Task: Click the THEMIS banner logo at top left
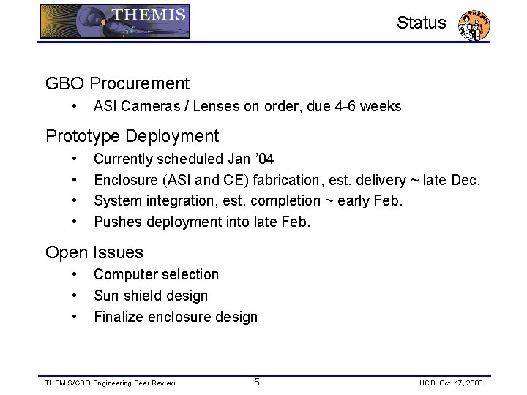tap(114, 21)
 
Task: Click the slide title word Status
tap(421, 23)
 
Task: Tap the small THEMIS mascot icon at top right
tap(474, 26)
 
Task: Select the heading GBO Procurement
tap(117, 83)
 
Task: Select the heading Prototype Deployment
tap(132, 136)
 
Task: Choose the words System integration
tap(149, 201)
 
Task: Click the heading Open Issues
tap(94, 252)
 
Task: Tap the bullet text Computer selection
tap(156, 274)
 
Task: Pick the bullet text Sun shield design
tap(151, 296)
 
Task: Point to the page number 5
tap(257, 381)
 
